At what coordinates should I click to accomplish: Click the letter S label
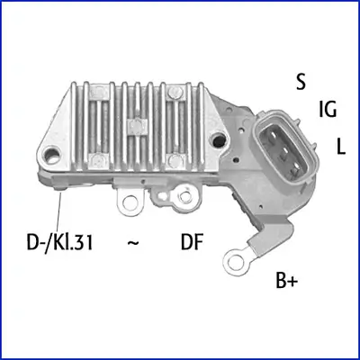point(301,80)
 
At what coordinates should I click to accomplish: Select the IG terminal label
point(328,110)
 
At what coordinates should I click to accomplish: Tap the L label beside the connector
point(341,145)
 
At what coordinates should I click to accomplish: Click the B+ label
point(288,281)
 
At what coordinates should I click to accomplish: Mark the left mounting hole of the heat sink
point(61,142)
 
